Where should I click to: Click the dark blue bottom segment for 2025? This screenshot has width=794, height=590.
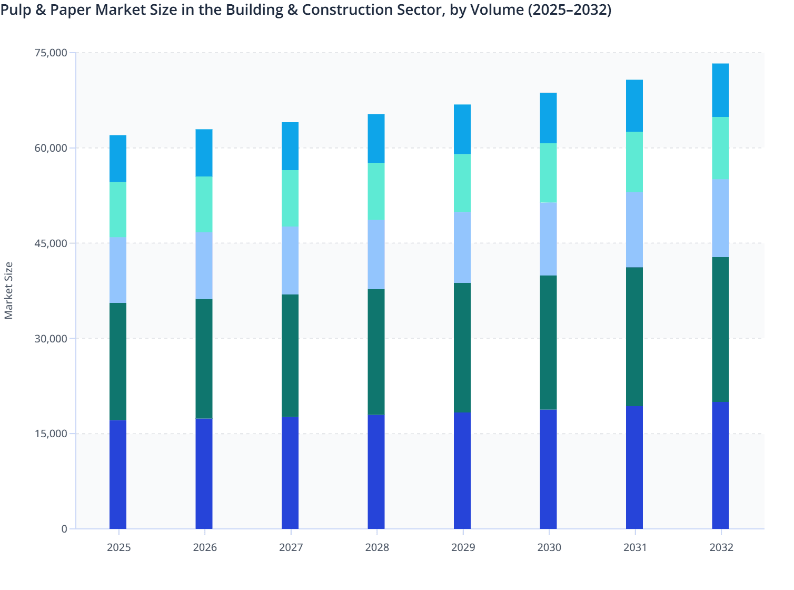118,474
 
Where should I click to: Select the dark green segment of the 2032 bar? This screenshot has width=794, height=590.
720,329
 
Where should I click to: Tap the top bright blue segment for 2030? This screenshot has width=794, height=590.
548,118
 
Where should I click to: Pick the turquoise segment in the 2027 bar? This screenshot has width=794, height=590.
290,198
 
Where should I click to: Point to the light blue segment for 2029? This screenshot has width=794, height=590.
462,248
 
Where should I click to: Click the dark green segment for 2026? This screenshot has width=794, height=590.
204,359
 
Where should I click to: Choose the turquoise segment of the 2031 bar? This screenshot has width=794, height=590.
634,162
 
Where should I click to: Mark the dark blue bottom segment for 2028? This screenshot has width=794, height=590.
376,471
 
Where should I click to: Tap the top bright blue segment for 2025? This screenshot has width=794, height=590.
118,159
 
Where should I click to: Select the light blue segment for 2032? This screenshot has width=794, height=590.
720,218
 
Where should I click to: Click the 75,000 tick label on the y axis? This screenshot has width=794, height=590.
51,53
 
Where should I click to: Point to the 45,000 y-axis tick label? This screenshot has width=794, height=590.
51,243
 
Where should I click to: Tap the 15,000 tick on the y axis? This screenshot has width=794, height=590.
51,434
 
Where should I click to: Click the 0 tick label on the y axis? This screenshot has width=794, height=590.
64,529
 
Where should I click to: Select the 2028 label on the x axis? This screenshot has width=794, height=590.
377,547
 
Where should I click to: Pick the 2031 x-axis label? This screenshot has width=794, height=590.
636,547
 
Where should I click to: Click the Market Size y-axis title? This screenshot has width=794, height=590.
9,291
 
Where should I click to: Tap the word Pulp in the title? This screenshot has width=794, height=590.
15,9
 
